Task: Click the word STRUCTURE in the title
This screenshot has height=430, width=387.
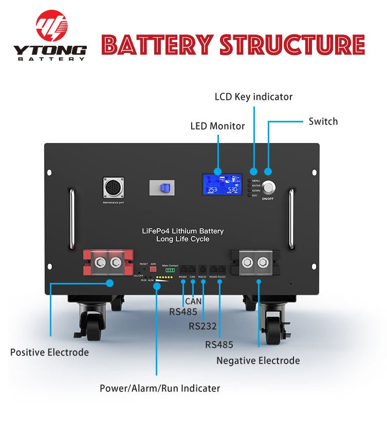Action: pos(292,45)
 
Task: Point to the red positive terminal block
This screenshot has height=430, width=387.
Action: pos(108,262)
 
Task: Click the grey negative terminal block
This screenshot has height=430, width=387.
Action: pos(255,262)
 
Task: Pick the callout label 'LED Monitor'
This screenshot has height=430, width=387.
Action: pos(217,126)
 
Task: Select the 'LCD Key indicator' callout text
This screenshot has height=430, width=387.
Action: pos(253,97)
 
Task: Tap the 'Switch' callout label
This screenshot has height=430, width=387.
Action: pos(323,121)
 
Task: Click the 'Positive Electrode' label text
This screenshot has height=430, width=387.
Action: pos(49,352)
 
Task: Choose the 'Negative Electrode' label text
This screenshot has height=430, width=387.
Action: pos(258,361)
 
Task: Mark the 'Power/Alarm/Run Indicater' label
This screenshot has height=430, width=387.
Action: pos(160,388)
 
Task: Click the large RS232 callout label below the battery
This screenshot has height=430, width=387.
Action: pos(202,326)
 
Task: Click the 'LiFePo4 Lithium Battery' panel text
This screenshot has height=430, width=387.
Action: pos(182,231)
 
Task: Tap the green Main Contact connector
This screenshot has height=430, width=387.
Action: pos(170,271)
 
